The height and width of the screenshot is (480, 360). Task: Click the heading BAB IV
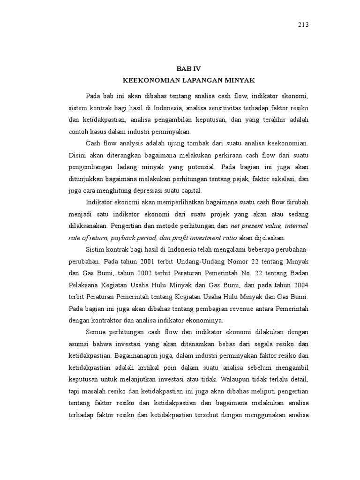coord(188,68)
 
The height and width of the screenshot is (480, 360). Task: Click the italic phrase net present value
coord(255,225)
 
